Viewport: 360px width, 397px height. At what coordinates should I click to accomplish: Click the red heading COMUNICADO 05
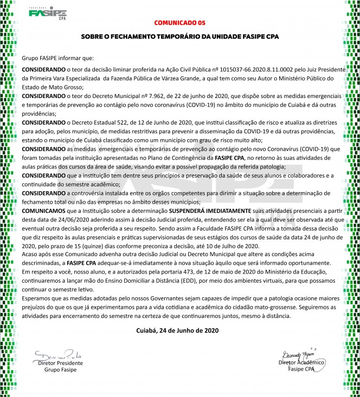tap(180, 23)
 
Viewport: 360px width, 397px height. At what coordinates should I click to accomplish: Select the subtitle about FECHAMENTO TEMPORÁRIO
tap(179, 37)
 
